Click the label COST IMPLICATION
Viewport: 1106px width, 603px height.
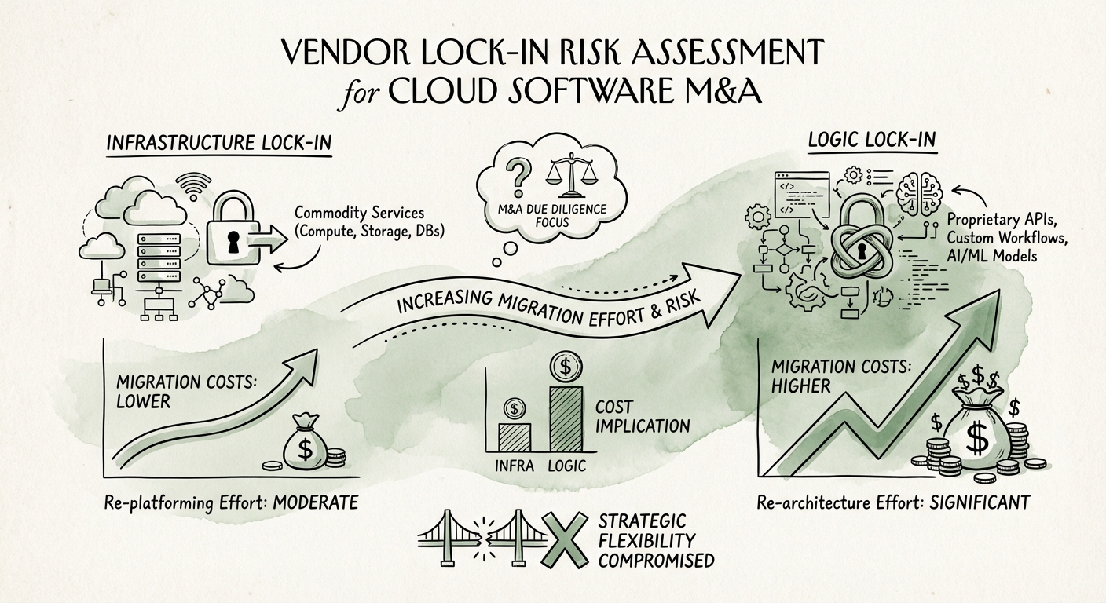click(642, 417)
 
